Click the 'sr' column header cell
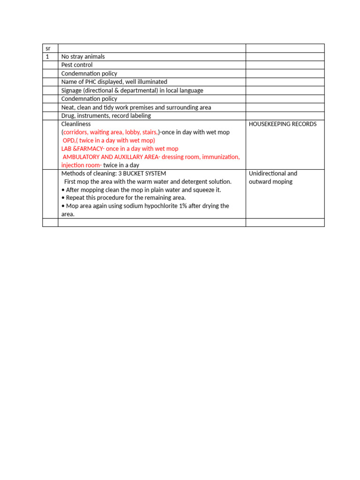click(x=48, y=48)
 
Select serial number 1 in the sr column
click(x=47, y=57)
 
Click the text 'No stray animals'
click(x=83, y=57)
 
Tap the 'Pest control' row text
click(x=77, y=65)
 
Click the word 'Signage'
click(x=71, y=90)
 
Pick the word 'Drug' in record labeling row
click(x=67, y=116)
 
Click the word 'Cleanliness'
click(x=76, y=124)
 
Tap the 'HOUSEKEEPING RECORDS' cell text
click(x=283, y=124)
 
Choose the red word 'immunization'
click(x=222, y=157)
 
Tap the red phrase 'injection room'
click(x=81, y=165)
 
